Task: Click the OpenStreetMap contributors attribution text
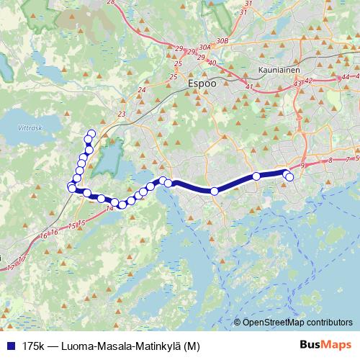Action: [297, 322]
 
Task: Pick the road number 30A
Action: [204, 48]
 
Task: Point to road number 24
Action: [142, 90]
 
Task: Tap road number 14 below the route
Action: [109, 208]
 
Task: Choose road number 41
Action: [248, 87]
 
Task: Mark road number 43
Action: [297, 84]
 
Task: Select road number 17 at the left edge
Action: [9, 267]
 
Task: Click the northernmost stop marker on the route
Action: [91, 132]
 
